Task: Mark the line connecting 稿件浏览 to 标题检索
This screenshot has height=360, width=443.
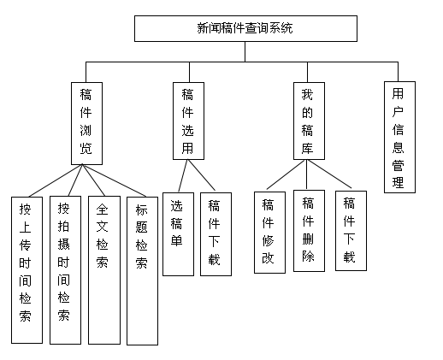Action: pos(114,180)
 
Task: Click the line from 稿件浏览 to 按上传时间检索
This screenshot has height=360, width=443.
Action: pos(56,180)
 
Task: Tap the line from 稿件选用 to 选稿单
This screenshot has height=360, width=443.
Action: pos(183,176)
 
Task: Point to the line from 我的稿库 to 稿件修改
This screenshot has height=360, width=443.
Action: pos(286,174)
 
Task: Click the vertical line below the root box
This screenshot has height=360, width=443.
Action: pos(245,51)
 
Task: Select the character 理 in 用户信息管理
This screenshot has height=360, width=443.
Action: pos(399,182)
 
